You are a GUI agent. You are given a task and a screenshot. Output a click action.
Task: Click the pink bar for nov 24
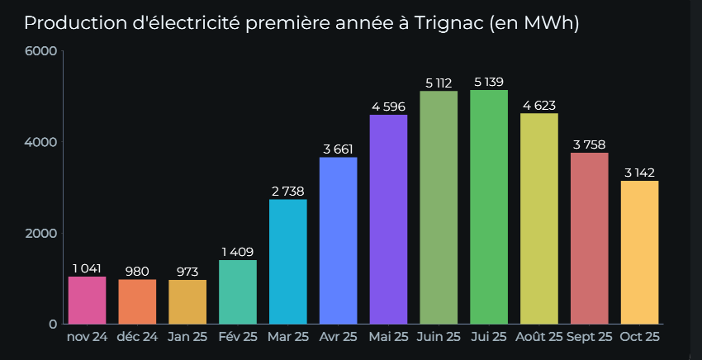(x=87, y=300)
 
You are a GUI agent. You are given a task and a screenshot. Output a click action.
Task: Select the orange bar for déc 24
(x=137, y=301)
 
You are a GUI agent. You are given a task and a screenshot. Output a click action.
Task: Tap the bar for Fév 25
(x=238, y=291)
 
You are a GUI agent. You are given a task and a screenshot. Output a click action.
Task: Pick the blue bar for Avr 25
(x=339, y=240)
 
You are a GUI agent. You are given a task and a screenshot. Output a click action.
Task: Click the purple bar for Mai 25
(x=388, y=219)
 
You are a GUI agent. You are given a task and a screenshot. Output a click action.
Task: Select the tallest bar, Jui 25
(x=489, y=206)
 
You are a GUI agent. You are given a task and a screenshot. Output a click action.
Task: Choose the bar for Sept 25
(x=590, y=238)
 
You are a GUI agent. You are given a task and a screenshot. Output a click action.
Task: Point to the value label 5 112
(x=439, y=83)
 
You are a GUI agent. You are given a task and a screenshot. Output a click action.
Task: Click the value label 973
(x=187, y=272)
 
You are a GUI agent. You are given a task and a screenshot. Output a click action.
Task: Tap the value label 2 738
(x=288, y=191)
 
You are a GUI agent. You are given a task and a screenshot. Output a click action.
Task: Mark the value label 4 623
(x=539, y=105)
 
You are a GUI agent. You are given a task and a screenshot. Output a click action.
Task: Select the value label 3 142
(x=640, y=173)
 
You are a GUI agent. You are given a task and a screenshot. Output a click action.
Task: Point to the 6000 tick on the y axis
(x=40, y=51)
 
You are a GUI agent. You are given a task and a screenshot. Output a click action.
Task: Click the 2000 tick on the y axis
(x=40, y=233)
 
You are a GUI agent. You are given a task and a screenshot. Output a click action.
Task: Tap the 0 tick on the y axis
(x=52, y=324)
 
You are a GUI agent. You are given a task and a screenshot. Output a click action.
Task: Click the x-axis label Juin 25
(x=439, y=337)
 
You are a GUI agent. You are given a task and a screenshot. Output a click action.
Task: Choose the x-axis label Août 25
(x=539, y=337)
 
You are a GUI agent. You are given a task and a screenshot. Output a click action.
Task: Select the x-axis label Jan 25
(x=187, y=337)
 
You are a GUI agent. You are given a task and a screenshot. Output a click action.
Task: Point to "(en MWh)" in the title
(x=534, y=23)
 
